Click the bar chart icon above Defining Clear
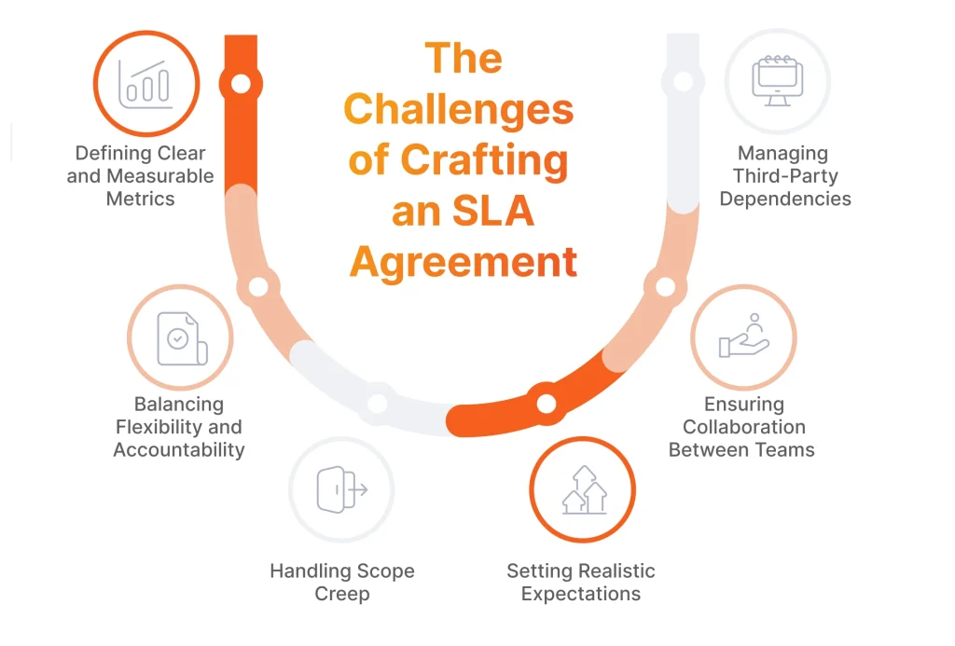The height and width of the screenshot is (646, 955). click(x=145, y=84)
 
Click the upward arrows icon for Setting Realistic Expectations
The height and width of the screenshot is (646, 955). click(x=583, y=489)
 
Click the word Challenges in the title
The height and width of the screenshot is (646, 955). click(x=459, y=110)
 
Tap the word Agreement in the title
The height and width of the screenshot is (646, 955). click(x=464, y=262)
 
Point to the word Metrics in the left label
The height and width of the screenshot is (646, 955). click(x=140, y=198)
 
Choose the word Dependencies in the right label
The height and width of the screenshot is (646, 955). click(x=785, y=198)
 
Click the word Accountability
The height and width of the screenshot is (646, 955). click(x=179, y=449)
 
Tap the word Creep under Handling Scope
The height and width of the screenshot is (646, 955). click(x=342, y=594)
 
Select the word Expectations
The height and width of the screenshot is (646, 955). click(x=581, y=594)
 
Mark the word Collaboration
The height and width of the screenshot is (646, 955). click(x=744, y=427)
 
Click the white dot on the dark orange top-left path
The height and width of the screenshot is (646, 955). click(x=241, y=84)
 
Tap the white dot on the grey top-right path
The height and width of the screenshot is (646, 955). click(x=683, y=81)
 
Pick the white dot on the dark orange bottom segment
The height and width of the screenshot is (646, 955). click(x=546, y=403)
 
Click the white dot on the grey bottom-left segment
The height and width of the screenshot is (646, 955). click(x=377, y=404)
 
